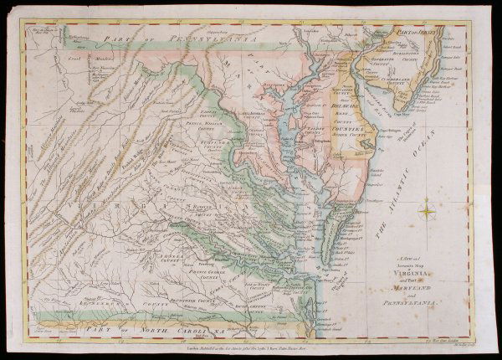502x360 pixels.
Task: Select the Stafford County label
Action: (x=226, y=156)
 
